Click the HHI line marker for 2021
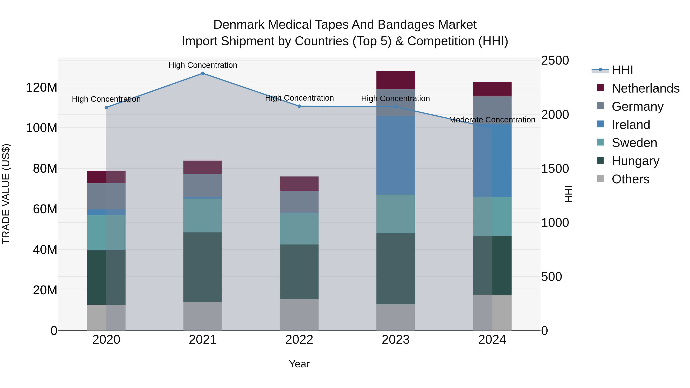[203, 73]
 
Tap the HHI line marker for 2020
[106, 107]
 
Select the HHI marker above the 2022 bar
[299, 106]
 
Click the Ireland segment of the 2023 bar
[396, 155]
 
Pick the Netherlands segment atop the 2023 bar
[396, 80]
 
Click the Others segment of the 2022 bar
[299, 315]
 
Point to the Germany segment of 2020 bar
[106, 196]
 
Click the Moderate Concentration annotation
[492, 120]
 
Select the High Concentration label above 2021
[203, 65]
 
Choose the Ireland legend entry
[631, 125]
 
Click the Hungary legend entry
[635, 161]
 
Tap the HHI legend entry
[622, 70]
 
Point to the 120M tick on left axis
[42, 88]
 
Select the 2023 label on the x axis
[396, 340]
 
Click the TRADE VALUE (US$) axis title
[6, 194]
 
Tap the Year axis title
[299, 364]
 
